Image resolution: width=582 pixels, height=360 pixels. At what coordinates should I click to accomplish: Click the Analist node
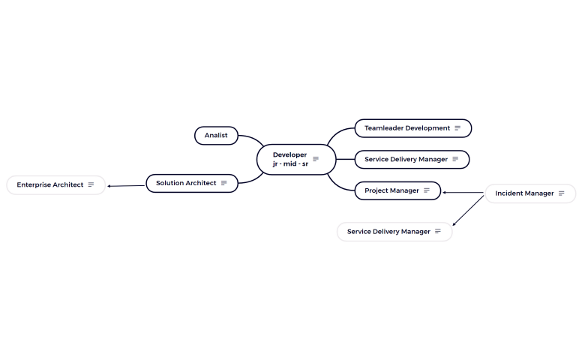coord(216,136)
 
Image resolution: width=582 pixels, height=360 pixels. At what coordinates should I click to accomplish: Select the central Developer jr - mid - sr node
coord(289,159)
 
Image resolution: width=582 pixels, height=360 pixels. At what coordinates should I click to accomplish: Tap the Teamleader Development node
coord(407,128)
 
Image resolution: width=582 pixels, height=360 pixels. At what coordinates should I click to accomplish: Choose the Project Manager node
coord(391,190)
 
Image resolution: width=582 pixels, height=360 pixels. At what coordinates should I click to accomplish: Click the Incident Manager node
coord(524,193)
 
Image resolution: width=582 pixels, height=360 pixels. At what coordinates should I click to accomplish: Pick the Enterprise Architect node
coord(50,184)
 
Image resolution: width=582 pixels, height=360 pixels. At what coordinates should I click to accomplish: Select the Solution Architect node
coord(186,183)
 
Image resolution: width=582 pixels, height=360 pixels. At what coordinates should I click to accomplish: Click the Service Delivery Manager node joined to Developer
coord(406,160)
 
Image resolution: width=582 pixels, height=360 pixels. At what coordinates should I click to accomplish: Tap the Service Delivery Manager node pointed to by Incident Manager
coord(388,232)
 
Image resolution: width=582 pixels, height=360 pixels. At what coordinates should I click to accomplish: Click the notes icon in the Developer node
coord(316,159)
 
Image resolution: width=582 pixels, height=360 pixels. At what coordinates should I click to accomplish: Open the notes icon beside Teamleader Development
coord(457,128)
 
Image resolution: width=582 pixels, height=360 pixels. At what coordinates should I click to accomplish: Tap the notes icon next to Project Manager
coord(427,190)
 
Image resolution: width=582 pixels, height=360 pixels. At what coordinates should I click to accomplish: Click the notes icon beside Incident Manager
coord(561,193)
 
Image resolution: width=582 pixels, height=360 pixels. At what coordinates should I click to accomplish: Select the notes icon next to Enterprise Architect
coord(91,184)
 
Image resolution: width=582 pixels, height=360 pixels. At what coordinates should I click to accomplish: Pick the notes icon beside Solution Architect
coord(223,183)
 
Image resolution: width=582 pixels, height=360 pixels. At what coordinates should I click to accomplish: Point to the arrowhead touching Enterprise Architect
coord(109,186)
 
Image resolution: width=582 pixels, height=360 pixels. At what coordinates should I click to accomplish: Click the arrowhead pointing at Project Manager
coord(445,193)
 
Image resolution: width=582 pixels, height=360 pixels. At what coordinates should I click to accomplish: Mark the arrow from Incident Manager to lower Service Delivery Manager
coord(469,209)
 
